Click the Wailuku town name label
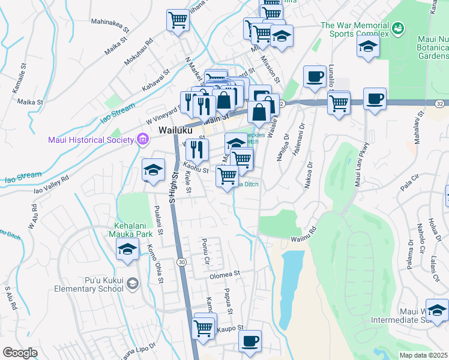click(x=175, y=130)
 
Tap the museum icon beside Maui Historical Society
click(x=142, y=140)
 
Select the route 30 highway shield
click(x=181, y=262)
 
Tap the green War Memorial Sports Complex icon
click(x=397, y=28)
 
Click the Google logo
click(x=20, y=353)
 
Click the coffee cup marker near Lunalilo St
click(x=314, y=76)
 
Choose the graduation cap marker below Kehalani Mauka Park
click(x=127, y=249)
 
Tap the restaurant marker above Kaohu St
click(x=196, y=149)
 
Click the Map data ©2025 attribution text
click(x=423, y=355)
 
